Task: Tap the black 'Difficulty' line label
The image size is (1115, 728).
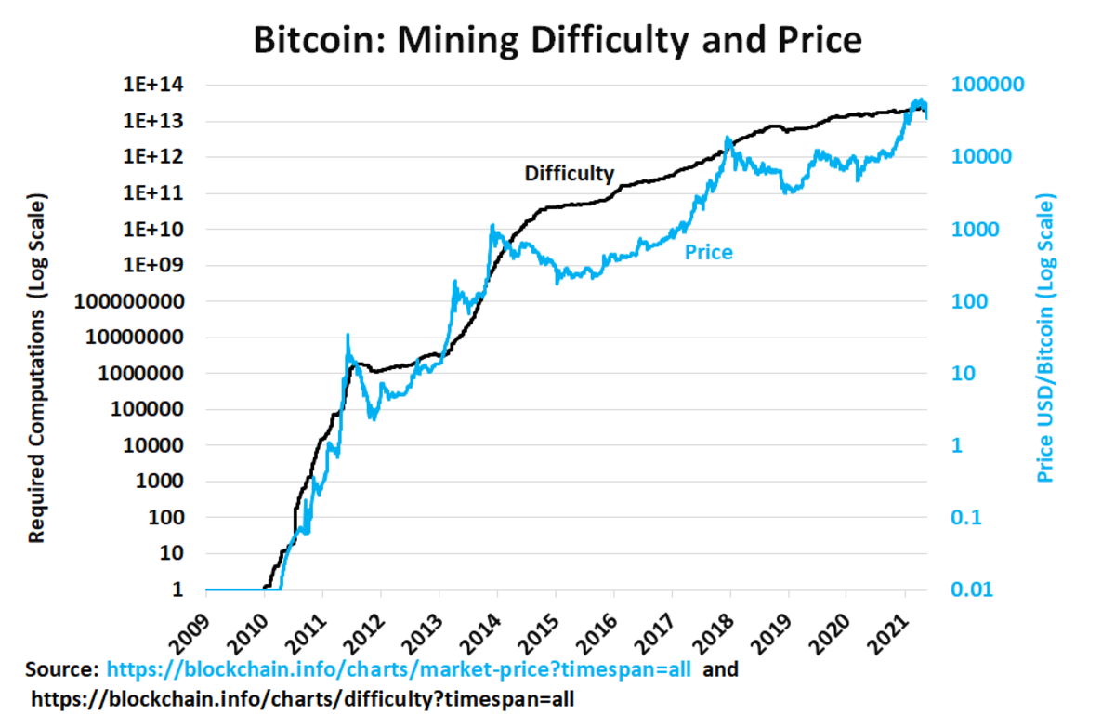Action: click(569, 173)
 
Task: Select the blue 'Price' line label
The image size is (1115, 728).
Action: click(708, 252)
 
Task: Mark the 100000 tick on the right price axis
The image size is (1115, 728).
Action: click(990, 85)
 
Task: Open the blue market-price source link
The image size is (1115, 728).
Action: click(399, 668)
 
